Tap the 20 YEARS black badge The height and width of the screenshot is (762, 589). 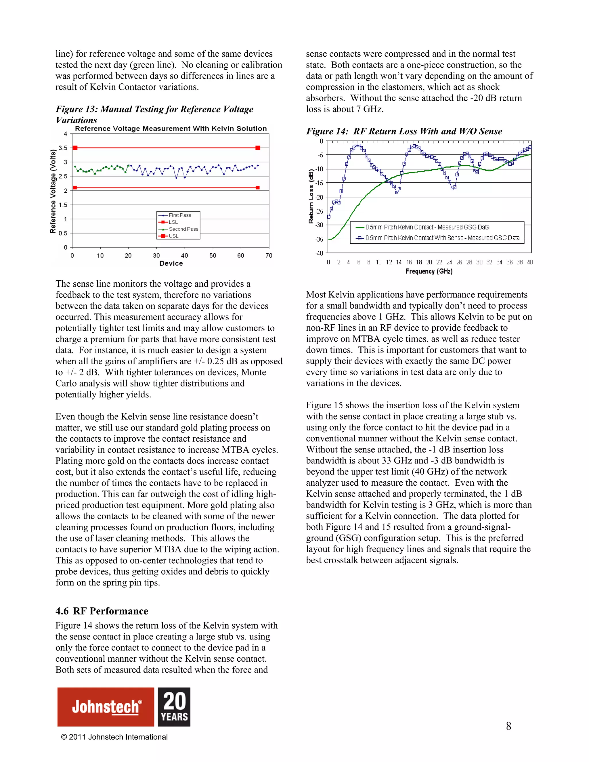tap(174, 707)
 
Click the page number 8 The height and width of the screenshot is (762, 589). tap(508, 726)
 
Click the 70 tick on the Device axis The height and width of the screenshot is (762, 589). tap(269, 256)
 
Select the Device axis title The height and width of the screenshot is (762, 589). tap(171, 263)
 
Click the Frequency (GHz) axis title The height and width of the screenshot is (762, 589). tap(429, 271)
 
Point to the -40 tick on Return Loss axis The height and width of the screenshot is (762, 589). tap(319, 253)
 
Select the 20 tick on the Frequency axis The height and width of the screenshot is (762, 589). tap(429, 262)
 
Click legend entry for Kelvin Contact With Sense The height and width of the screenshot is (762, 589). tap(442, 238)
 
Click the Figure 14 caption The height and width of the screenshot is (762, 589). tap(404, 131)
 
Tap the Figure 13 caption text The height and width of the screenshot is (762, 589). tap(154, 114)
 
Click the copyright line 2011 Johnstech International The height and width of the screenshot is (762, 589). tap(114, 737)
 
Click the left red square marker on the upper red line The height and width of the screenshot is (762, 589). tap(75, 148)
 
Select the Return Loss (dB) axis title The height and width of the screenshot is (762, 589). tap(311, 196)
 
